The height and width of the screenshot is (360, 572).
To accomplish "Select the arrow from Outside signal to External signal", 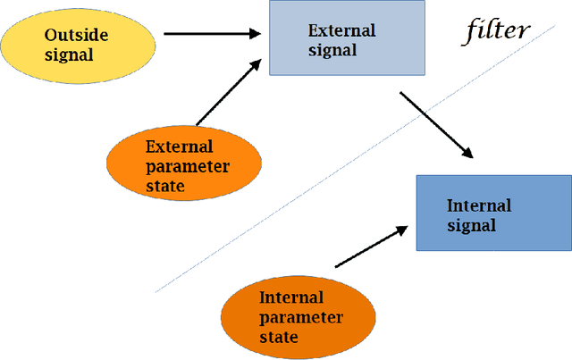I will click(x=212, y=34).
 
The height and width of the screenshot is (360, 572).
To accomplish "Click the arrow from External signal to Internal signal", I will click(x=435, y=125).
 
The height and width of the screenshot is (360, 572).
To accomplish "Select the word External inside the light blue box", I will click(x=341, y=30).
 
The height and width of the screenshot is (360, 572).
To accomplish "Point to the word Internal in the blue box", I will click(x=478, y=205).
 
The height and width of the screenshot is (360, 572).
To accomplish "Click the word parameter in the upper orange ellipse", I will click(x=188, y=166).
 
